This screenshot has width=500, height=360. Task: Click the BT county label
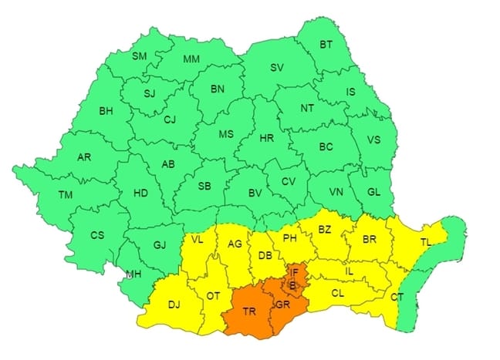[x=327, y=44]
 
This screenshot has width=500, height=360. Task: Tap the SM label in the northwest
[x=140, y=56]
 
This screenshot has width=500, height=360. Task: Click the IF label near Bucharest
[x=296, y=271]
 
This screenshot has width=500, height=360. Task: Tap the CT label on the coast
[x=397, y=297]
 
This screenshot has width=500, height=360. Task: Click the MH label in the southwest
[x=133, y=274]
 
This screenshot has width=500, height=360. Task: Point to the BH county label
[x=105, y=111]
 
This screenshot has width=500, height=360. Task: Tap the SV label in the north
[x=276, y=68]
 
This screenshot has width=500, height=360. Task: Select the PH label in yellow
[x=290, y=238]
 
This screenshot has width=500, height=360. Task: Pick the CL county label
[x=338, y=293]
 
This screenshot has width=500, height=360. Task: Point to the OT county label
[x=214, y=295]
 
